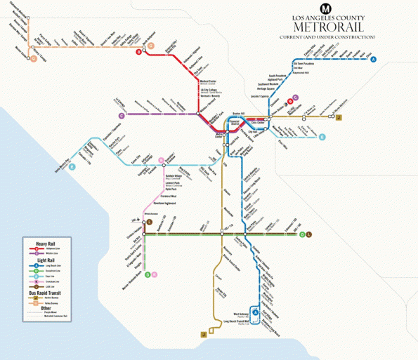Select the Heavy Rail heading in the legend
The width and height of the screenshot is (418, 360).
37,242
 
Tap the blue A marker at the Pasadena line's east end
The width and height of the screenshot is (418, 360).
374,59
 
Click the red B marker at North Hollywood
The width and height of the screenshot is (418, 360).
139,52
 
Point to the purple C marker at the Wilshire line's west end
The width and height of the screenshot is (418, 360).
122,115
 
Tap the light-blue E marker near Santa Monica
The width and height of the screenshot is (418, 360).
72,166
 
